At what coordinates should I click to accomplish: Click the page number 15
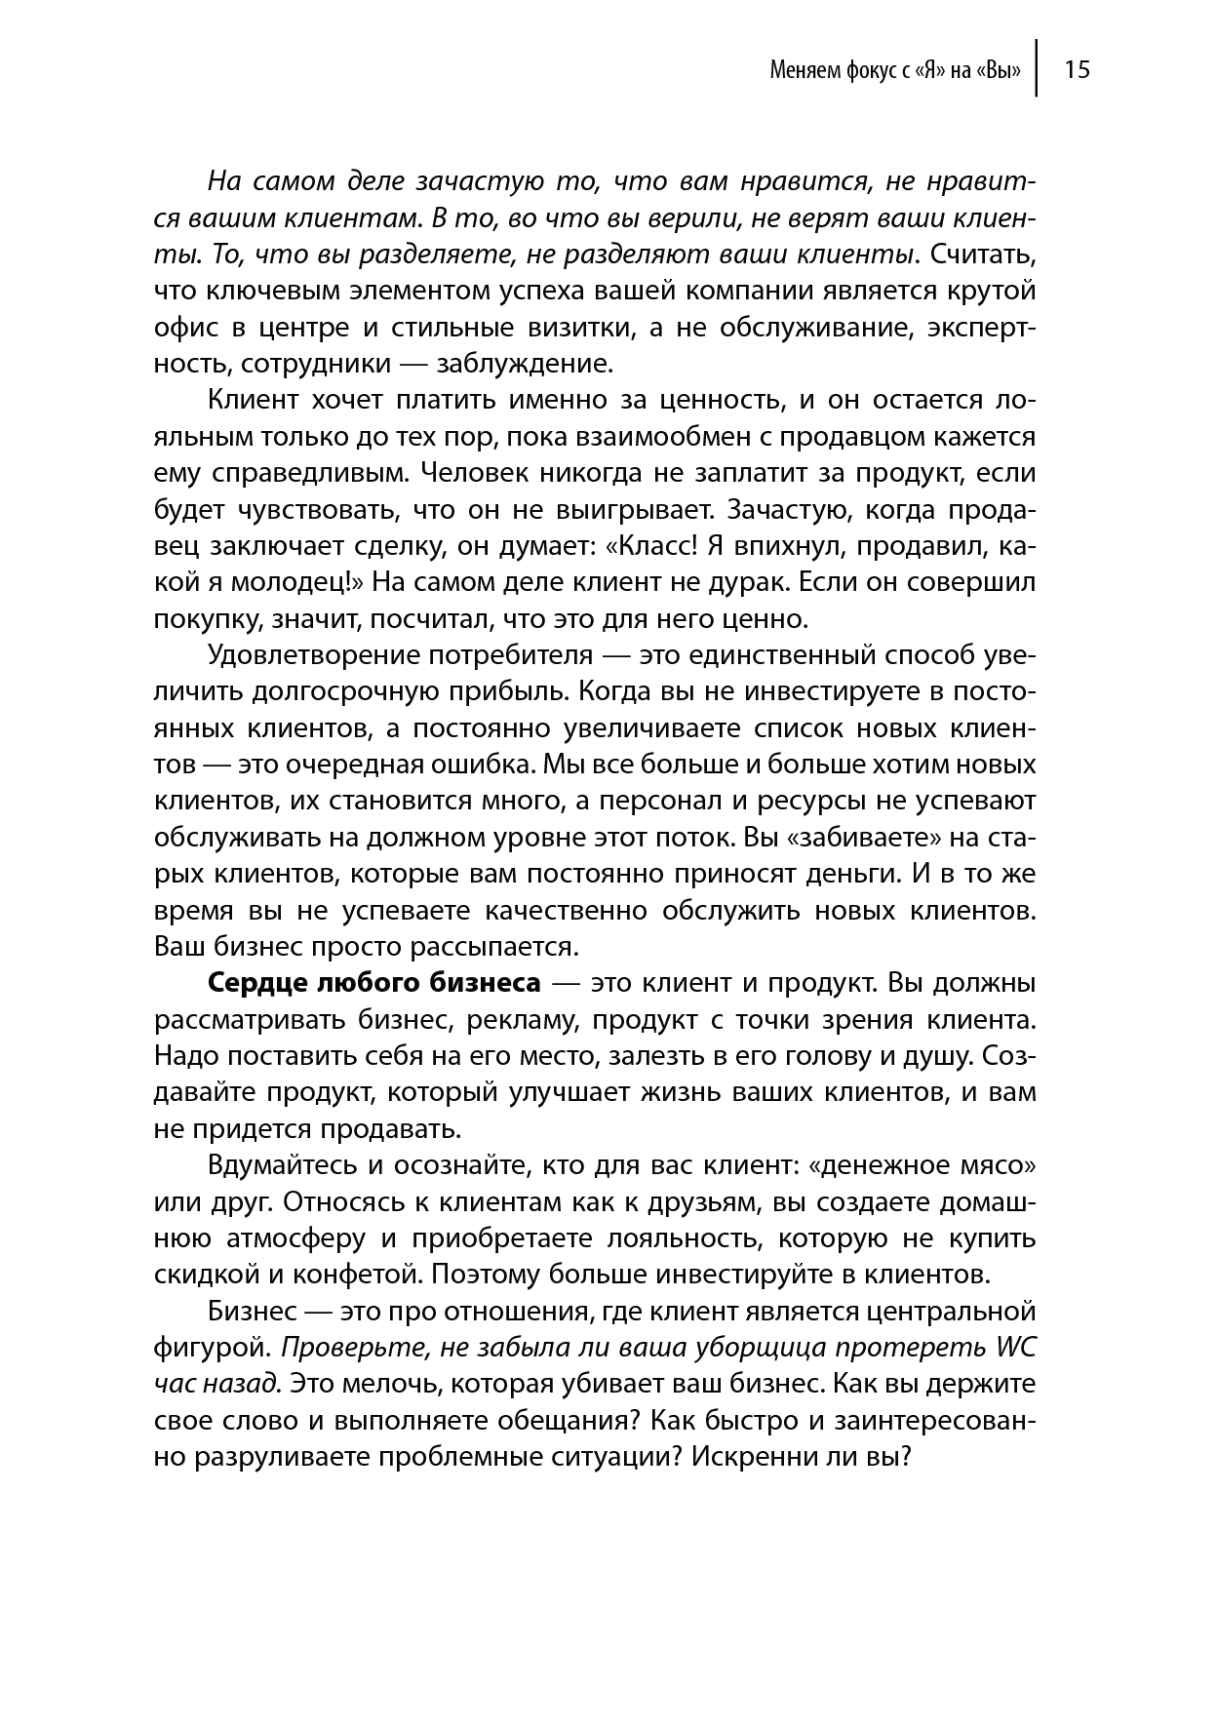point(1077,69)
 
